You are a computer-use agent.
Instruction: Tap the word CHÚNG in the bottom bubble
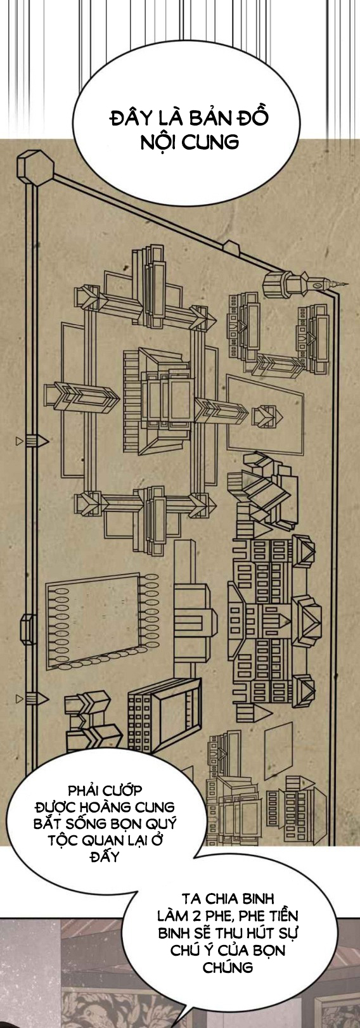pyautogui.click(x=228, y=967)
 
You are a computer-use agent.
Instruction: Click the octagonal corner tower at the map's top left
pyautogui.click(x=35, y=168)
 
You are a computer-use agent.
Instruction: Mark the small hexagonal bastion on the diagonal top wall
pyautogui.click(x=232, y=248)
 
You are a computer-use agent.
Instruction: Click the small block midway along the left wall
pyautogui.click(x=29, y=628)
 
